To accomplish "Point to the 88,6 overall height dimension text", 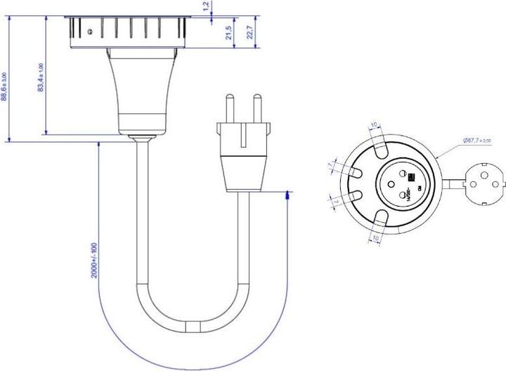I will pyautogui.click(x=6, y=87).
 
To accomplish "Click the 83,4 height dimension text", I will pyautogui.click(x=41, y=78).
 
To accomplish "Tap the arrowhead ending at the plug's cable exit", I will pyautogui.click(x=287, y=195).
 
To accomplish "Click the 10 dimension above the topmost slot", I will pyautogui.click(x=375, y=125).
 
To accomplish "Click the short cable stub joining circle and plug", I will pyautogui.click(x=453, y=184).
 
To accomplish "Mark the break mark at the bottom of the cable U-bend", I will pyautogui.click(x=193, y=327).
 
